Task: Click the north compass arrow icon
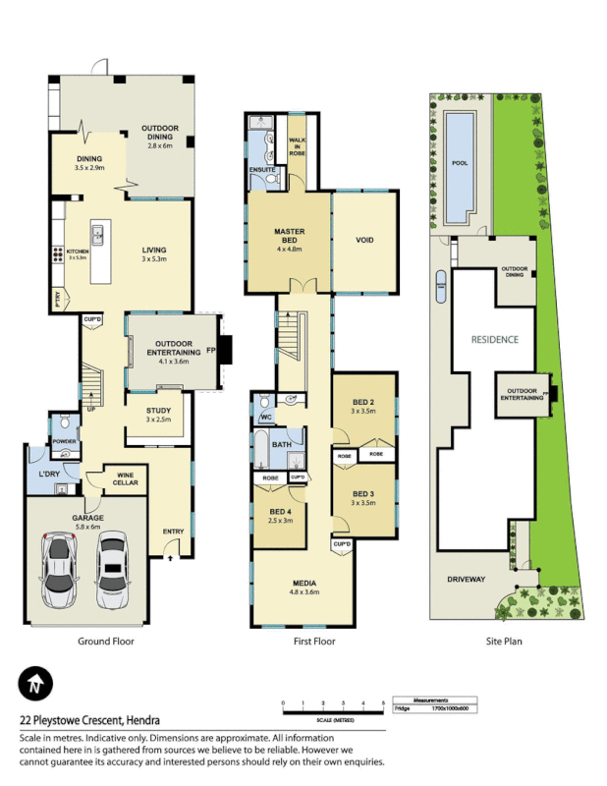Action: [35, 684]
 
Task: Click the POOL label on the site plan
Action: [458, 163]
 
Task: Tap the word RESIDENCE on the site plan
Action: [494, 339]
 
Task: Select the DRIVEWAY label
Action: [466, 580]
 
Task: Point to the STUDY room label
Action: [158, 412]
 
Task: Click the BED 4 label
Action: [279, 511]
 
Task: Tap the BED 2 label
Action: [363, 403]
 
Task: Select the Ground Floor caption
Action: [105, 641]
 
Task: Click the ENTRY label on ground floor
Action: [173, 533]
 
